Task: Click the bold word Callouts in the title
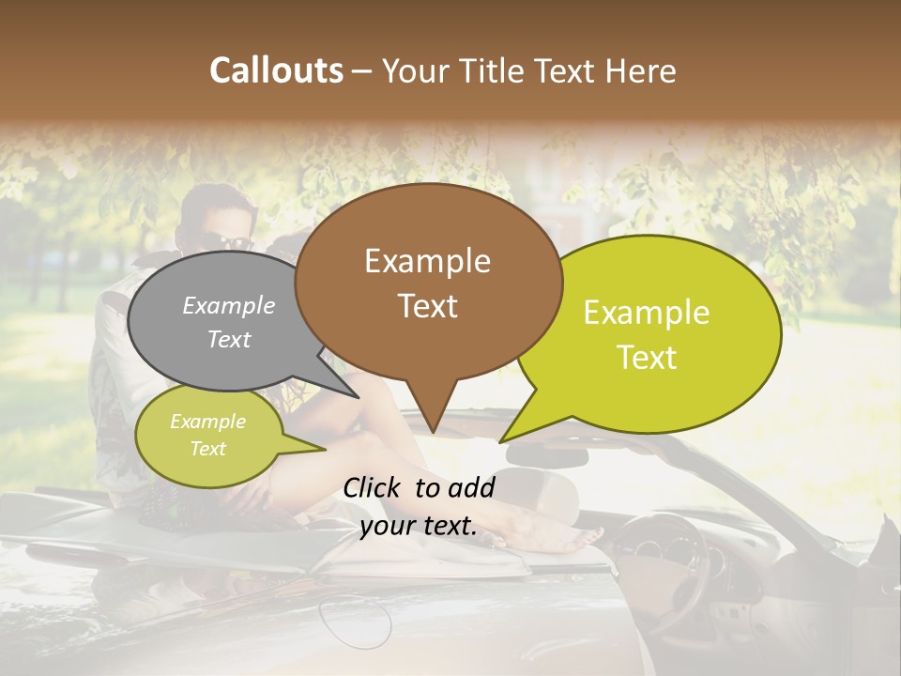pyautogui.click(x=276, y=70)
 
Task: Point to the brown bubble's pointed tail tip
pyautogui.click(x=433, y=432)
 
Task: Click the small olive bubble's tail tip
pyautogui.click(x=324, y=450)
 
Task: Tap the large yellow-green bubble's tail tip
pyautogui.click(x=501, y=441)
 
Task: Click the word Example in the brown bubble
pyautogui.click(x=427, y=261)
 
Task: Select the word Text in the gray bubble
pyautogui.click(x=229, y=340)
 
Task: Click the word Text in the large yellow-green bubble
pyautogui.click(x=647, y=358)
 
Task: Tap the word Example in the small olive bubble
pyautogui.click(x=207, y=422)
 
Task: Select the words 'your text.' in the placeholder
pyautogui.click(x=419, y=526)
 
